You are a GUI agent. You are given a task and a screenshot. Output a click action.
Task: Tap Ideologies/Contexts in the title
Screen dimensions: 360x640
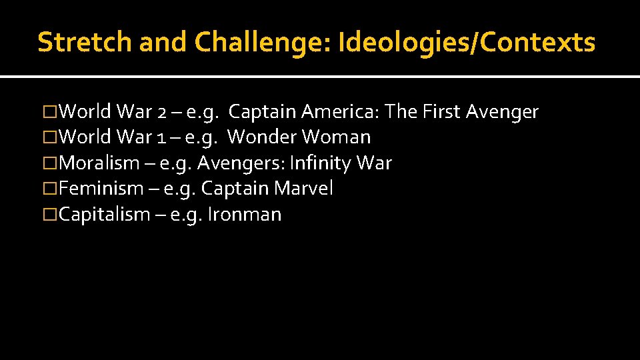(467, 42)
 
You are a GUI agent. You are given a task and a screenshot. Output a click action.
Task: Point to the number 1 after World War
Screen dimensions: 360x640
(161, 137)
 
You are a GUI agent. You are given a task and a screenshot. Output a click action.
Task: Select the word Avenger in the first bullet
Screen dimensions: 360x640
(502, 112)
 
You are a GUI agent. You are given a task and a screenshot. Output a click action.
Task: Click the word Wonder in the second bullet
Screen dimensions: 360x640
(262, 137)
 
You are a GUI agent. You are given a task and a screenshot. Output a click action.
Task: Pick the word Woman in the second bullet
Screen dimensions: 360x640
(337, 137)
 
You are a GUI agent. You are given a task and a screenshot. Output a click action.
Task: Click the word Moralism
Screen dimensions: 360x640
(99, 163)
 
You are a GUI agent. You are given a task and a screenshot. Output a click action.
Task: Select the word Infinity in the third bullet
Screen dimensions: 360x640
(318, 163)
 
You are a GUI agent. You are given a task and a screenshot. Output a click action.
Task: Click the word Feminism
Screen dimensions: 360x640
(101, 189)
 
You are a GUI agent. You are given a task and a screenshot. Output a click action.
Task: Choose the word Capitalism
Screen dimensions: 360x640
(105, 215)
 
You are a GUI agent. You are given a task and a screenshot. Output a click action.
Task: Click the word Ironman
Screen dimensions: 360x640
(245, 215)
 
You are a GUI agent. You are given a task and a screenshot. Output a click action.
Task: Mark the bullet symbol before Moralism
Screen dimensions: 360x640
(50, 163)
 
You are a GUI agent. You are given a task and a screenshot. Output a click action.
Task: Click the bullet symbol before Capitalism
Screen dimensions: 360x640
(50, 215)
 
